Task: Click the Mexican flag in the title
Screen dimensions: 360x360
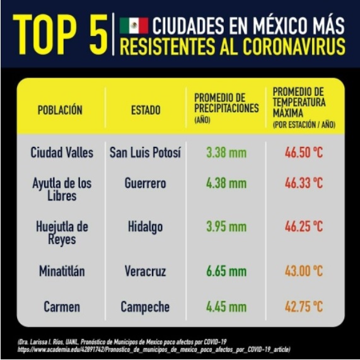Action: [134, 26]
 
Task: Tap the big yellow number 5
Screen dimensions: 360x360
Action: [98, 35]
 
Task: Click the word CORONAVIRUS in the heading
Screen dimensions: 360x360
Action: [294, 47]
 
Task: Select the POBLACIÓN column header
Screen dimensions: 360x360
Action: [60, 110]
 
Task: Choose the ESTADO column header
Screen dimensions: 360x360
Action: [146, 110]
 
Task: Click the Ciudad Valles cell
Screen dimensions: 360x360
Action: [62, 153]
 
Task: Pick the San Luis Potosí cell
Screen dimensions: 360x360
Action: [145, 153]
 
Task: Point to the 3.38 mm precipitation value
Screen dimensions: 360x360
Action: [226, 153]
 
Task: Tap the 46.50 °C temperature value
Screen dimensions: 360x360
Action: [304, 153]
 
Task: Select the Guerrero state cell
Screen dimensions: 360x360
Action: [146, 183]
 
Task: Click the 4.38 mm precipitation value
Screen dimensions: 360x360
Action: [226, 183]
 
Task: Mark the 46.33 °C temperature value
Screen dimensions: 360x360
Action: [304, 183]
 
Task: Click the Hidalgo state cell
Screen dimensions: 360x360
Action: [146, 227]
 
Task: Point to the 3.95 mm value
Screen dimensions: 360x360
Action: [226, 226]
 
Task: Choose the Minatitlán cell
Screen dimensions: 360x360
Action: [62, 271]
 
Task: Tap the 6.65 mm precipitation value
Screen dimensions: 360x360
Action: [226, 271]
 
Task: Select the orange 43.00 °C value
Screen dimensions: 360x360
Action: [304, 271]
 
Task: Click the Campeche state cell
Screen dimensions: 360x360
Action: [145, 307]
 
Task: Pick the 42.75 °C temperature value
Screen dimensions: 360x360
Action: [304, 306]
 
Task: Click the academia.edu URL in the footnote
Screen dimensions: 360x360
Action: [154, 349]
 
